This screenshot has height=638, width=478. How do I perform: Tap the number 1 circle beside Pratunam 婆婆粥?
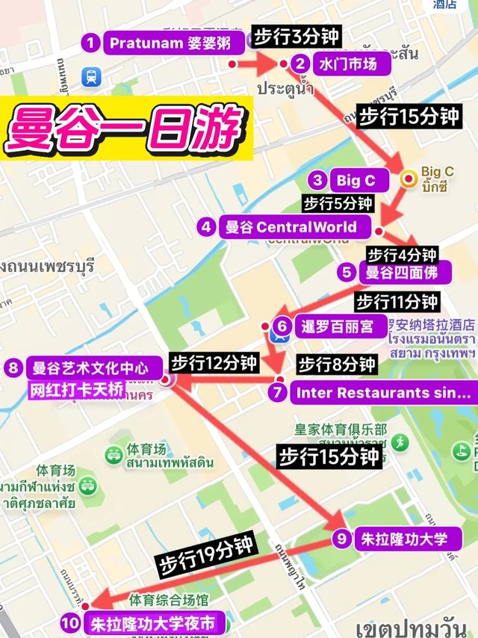[x=90, y=43]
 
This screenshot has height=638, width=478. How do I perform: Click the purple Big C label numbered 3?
[x=356, y=180]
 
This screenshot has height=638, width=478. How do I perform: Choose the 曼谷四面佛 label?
[x=404, y=272]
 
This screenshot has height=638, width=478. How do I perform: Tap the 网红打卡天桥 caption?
[x=75, y=388]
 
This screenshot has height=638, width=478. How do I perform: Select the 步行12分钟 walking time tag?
[x=214, y=363]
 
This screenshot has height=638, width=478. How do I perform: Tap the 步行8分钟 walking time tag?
[x=337, y=365]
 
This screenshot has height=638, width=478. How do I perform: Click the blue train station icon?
[x=90, y=75]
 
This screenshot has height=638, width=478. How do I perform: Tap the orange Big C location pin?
[x=409, y=178]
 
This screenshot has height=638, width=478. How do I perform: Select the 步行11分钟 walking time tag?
[x=397, y=302]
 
